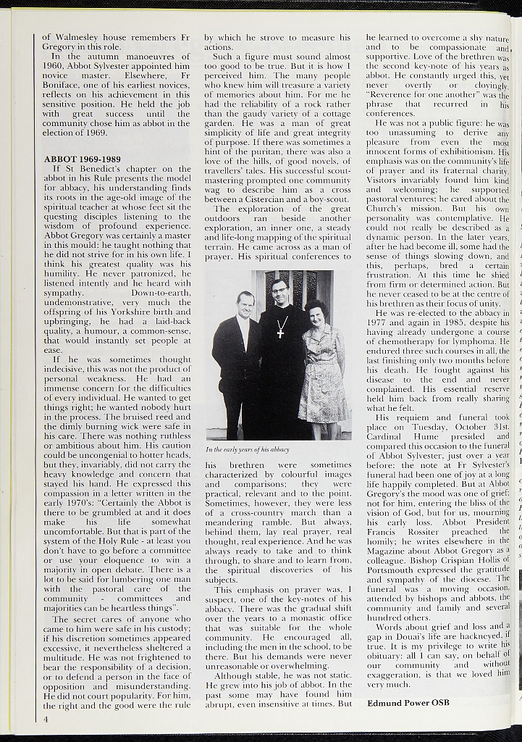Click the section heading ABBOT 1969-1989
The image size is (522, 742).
coord(82,158)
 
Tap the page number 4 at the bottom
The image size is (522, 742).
coord(45,720)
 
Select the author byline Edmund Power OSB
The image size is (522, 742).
coord(408,702)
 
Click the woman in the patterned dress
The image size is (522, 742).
coord(321,370)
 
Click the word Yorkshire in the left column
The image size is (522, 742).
coord(122,321)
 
